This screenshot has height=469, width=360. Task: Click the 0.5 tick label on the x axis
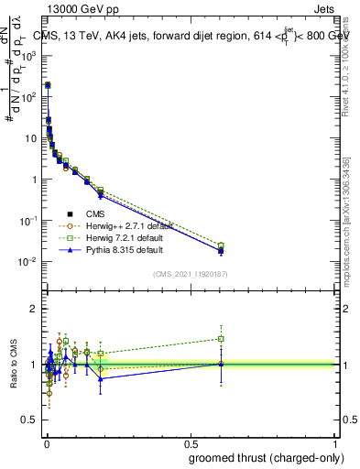[x=190, y=444]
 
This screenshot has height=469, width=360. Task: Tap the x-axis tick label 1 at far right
[x=335, y=444]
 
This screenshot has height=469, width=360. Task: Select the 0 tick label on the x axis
[x=47, y=444]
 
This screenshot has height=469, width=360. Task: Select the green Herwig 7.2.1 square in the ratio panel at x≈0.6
[x=221, y=339]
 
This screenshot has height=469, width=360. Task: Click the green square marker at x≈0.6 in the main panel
[x=221, y=245]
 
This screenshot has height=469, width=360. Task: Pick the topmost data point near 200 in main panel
[x=48, y=84]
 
